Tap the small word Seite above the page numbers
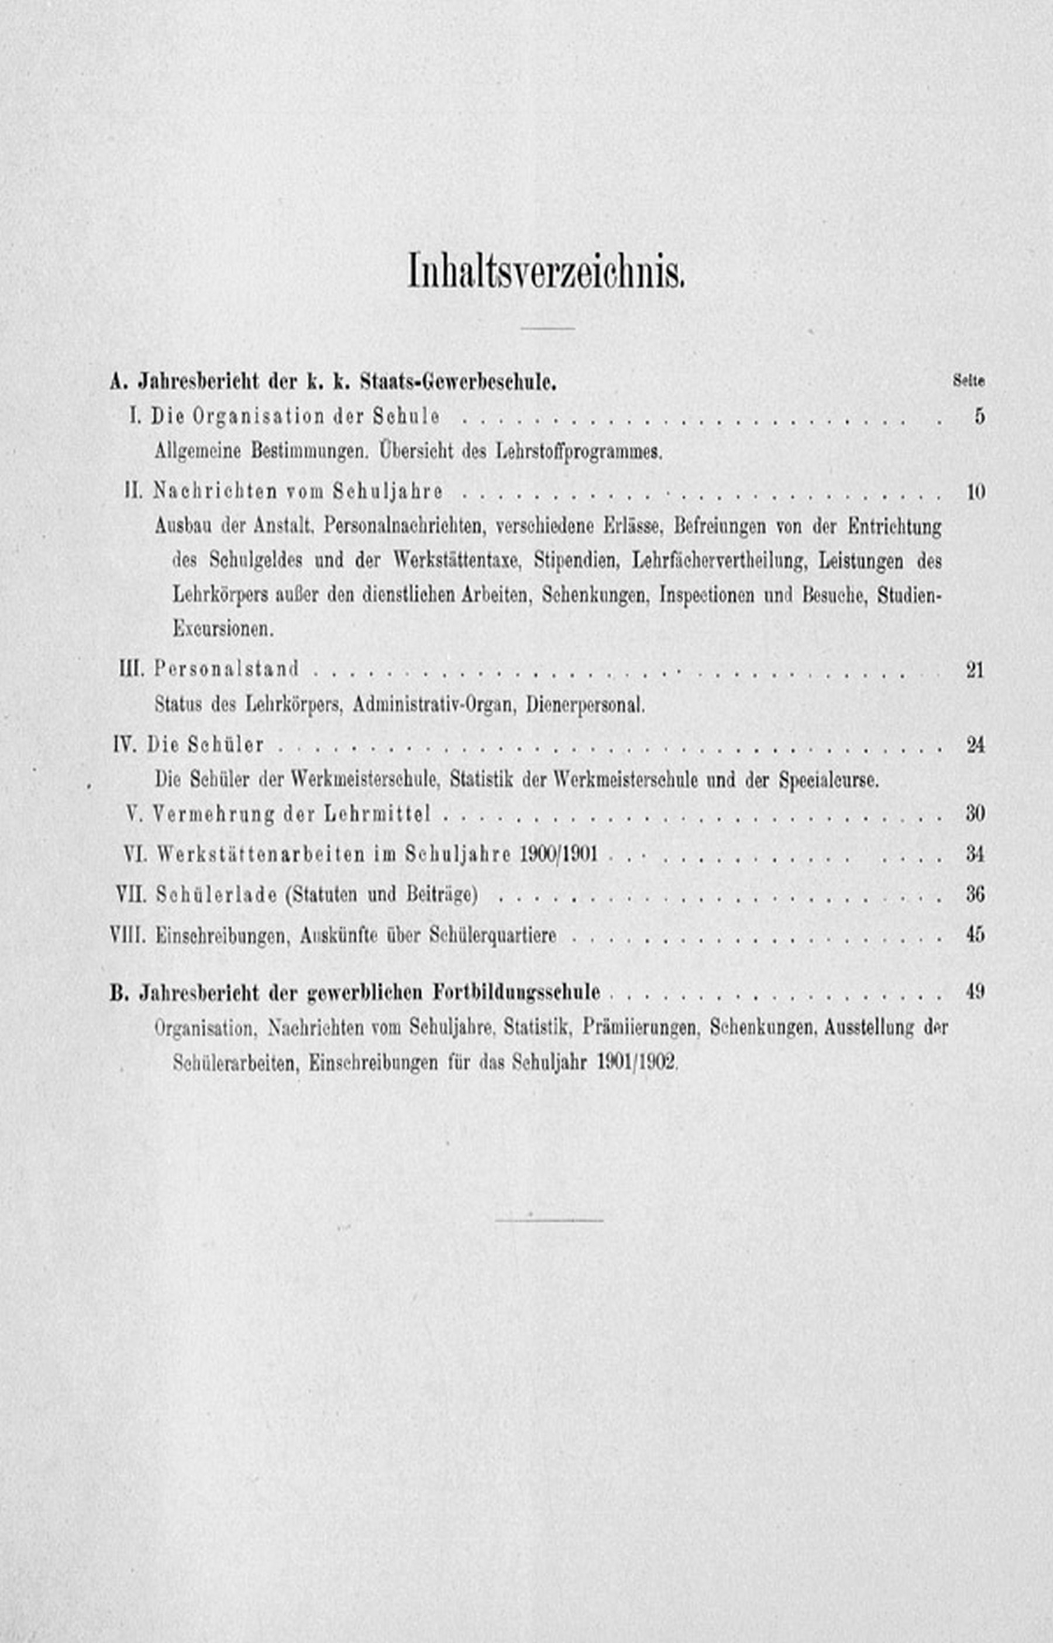968,381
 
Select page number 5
979,417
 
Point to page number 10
976,491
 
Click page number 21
975,669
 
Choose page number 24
975,745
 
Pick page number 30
975,814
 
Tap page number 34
975,854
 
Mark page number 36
975,894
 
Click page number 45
975,934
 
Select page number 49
975,991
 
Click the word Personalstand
226,669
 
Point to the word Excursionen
223,629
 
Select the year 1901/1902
636,1063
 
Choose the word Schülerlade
216,894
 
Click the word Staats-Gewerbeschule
457,382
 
